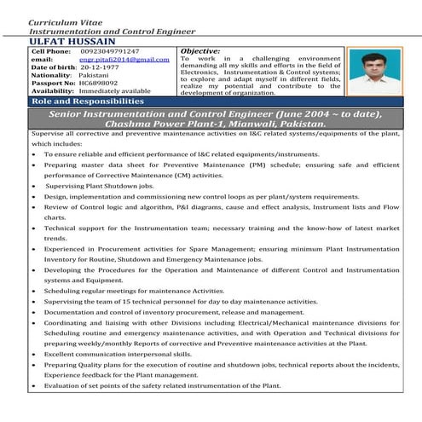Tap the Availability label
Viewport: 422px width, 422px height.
pos(54,90)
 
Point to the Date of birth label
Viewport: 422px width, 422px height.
pos(54,66)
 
